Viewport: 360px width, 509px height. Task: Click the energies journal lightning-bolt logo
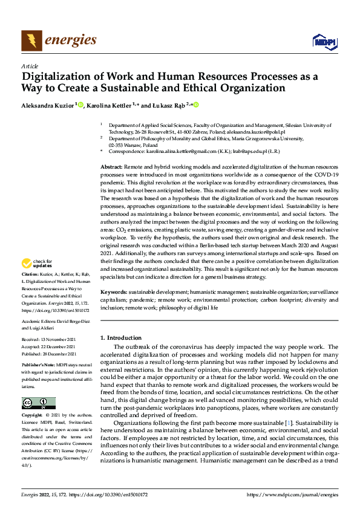coord(31,41)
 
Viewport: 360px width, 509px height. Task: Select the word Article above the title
coord(30,66)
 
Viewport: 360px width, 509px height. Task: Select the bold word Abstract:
coord(111,166)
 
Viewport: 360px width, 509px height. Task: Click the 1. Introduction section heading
coord(120,337)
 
